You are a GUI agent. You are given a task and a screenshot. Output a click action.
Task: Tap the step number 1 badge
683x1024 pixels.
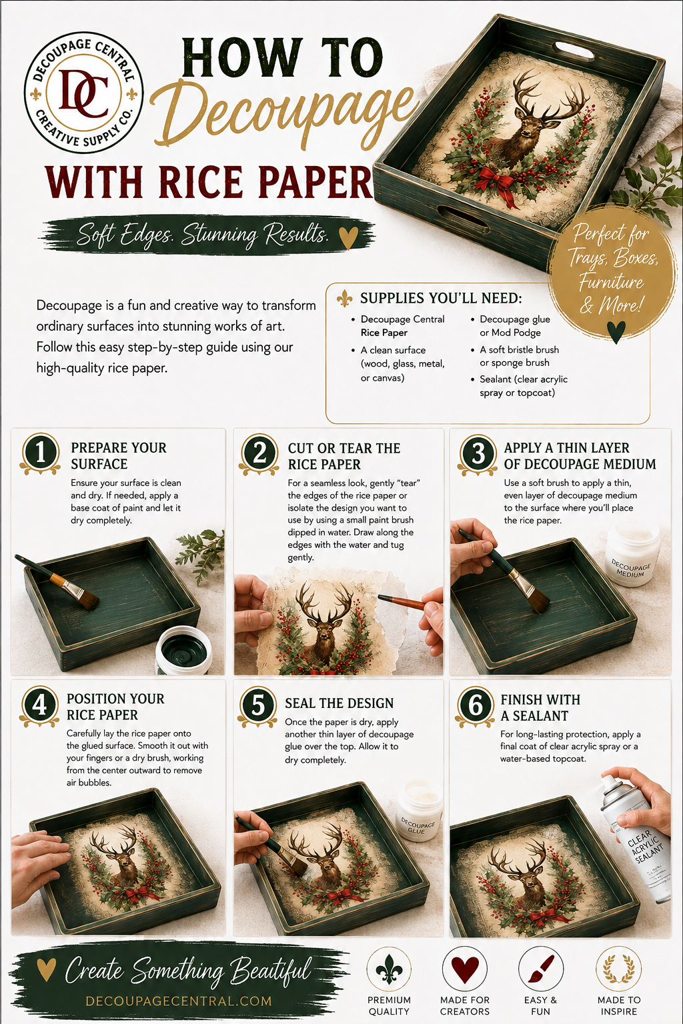(x=40, y=453)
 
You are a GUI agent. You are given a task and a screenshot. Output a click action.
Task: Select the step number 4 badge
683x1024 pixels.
(x=39, y=705)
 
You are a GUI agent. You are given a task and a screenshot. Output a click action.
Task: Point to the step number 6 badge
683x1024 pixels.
(x=475, y=706)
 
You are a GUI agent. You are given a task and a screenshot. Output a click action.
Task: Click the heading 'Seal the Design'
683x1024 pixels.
(x=339, y=703)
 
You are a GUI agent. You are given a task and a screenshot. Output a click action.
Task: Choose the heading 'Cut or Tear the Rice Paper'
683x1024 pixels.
(x=344, y=456)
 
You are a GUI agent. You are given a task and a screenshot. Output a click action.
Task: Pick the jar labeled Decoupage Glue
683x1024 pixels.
(x=419, y=811)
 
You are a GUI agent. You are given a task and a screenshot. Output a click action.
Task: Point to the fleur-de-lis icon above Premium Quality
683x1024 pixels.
(x=390, y=969)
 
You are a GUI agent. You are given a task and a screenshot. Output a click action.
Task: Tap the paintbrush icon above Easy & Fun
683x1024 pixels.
(x=541, y=969)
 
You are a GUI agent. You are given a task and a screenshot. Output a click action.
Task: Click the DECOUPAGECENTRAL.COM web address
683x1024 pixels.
(x=179, y=1001)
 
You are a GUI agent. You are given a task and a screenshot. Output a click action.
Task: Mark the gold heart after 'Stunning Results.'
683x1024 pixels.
(x=348, y=237)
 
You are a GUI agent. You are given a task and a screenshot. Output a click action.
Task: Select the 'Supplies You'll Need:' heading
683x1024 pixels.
(x=441, y=299)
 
